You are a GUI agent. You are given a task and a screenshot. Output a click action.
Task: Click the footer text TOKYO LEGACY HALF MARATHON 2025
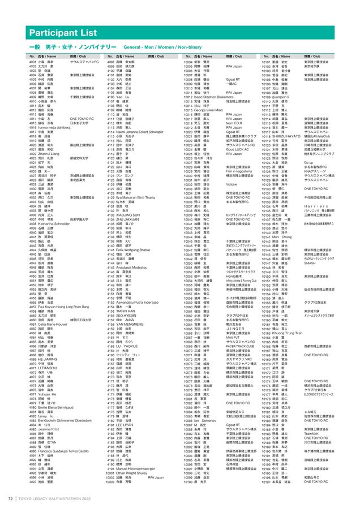[x=61, y=498]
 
